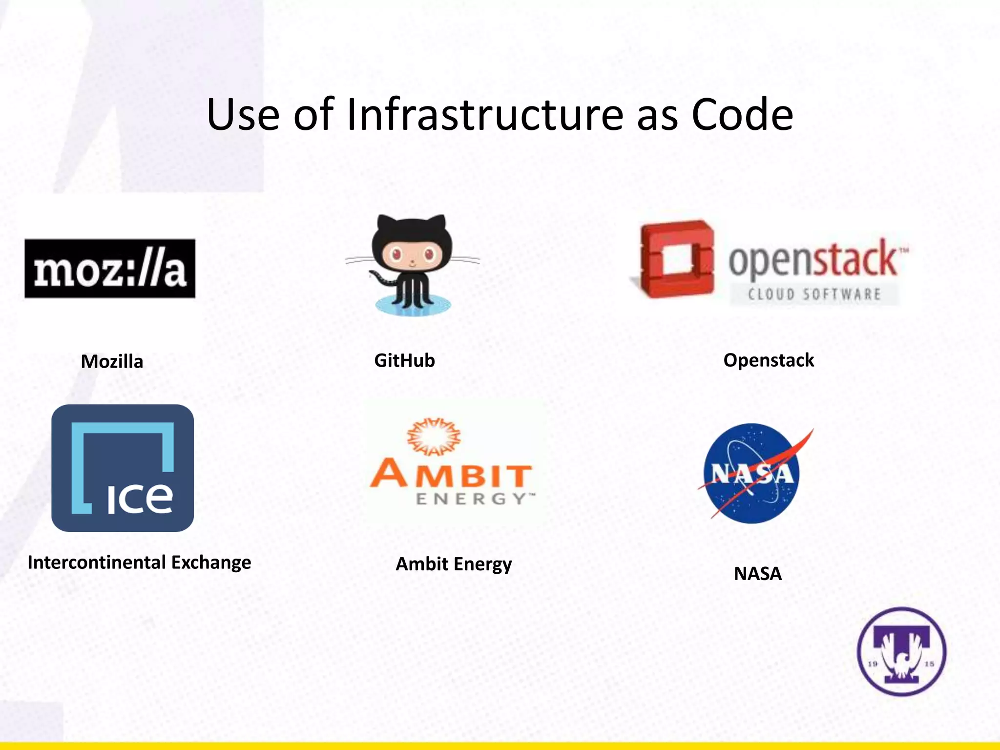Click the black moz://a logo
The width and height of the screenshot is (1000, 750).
point(110,269)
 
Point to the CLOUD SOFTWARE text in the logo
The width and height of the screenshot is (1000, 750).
point(814,294)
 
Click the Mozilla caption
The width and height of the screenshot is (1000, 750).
point(112,361)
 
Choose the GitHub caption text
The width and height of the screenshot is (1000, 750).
point(404,360)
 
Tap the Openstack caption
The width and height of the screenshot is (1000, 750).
point(769,360)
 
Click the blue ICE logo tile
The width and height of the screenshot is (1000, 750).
point(123,468)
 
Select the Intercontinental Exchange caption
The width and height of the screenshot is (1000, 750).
point(139,562)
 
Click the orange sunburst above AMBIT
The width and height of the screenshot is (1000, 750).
point(434,436)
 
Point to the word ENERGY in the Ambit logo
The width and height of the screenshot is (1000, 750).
point(471,499)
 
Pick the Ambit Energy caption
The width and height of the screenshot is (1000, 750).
point(454,564)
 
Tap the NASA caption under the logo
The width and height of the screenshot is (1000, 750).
point(758,573)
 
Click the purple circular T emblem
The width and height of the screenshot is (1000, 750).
point(902,651)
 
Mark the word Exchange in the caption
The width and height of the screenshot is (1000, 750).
point(211,562)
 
